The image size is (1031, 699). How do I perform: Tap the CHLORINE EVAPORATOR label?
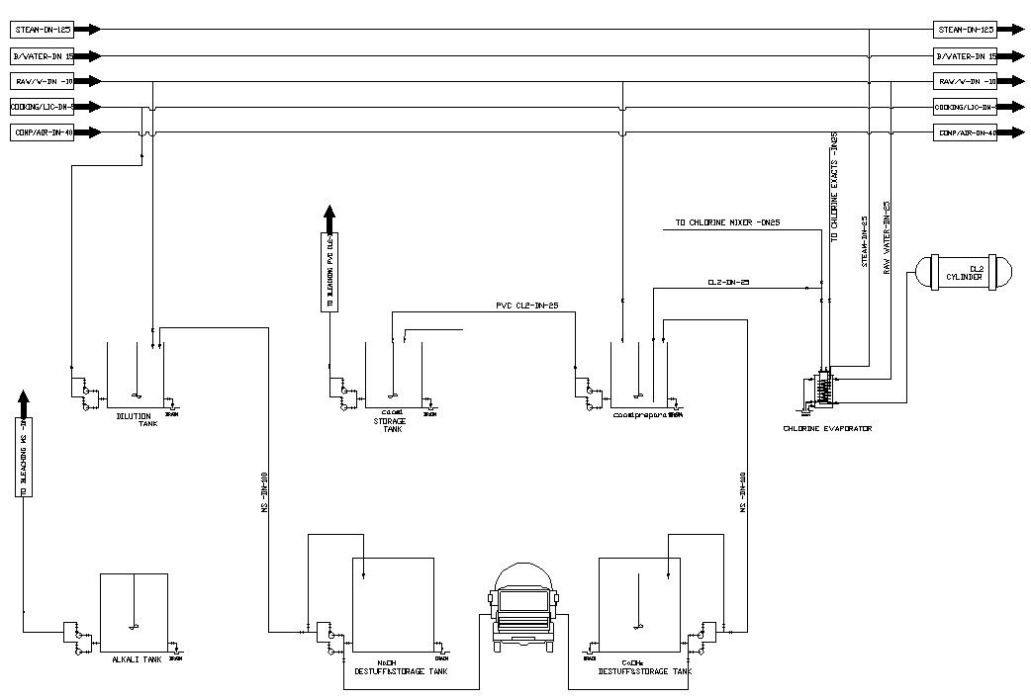tap(827, 429)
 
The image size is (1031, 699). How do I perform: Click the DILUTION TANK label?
tap(135, 419)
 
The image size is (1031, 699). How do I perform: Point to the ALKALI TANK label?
tap(137, 658)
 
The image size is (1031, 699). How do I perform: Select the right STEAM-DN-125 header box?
tap(965, 30)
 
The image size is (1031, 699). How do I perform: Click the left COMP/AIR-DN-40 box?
tap(43, 132)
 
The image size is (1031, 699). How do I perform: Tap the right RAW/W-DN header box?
tap(965, 81)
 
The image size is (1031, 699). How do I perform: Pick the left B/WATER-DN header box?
tap(43, 55)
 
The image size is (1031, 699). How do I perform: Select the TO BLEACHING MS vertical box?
tap(25, 456)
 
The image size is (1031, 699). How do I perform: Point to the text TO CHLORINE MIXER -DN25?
tap(728, 223)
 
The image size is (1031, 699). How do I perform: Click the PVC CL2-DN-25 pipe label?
tap(526, 305)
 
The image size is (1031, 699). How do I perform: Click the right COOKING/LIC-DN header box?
tap(965, 107)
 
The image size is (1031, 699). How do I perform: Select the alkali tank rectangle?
tap(135, 613)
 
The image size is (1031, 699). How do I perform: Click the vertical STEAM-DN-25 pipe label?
tap(864, 242)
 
